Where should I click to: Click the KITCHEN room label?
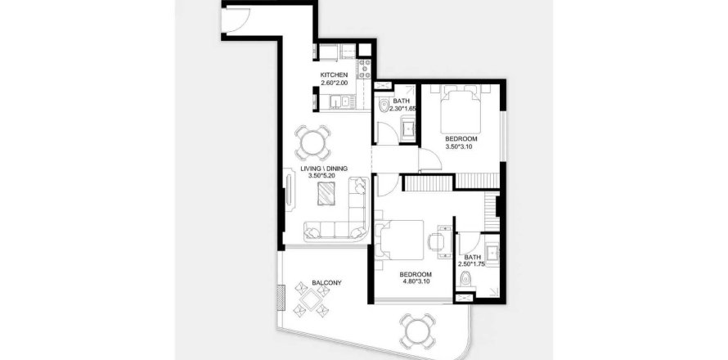[x=334, y=74]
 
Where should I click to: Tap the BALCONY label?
[x=327, y=282]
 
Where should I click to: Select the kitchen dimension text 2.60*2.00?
[x=334, y=83]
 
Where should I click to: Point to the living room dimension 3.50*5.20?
[x=324, y=176]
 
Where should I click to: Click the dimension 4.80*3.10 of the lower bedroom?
[x=416, y=281]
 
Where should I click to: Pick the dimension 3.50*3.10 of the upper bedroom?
[x=461, y=146]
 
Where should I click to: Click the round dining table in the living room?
[x=313, y=142]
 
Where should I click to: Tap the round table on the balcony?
[x=417, y=331]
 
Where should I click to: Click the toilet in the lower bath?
[x=465, y=279]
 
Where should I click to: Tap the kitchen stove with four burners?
[x=364, y=68]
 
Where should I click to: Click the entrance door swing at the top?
[x=236, y=19]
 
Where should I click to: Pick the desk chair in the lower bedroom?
[x=436, y=241]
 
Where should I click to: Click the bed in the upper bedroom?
[x=460, y=110]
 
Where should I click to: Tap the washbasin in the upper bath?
[x=408, y=128]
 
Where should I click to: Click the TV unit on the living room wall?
[x=290, y=191]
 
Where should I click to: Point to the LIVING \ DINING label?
[x=324, y=169]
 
